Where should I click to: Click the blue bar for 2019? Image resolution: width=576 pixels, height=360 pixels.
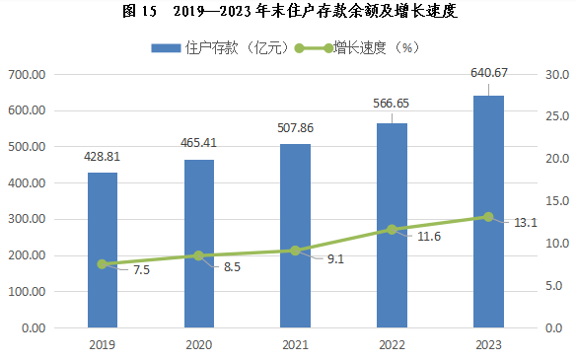tap(103, 250)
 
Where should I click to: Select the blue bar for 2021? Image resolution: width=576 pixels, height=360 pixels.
tap(295, 236)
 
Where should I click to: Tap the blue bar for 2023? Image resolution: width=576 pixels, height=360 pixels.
tap(488, 212)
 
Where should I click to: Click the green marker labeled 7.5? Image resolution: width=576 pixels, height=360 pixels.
tap(103, 264)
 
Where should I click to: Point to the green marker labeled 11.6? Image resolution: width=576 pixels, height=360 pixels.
tap(392, 230)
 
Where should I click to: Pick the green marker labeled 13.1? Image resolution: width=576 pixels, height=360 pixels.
tap(488, 217)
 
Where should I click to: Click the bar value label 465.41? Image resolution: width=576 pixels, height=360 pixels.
tap(198, 143)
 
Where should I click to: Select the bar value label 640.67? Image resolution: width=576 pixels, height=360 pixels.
tap(489, 73)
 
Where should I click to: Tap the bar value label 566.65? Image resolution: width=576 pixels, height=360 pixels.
tap(391, 104)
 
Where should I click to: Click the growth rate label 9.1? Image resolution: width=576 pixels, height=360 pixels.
tap(335, 259)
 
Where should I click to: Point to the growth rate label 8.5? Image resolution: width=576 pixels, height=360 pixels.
tap(232, 267)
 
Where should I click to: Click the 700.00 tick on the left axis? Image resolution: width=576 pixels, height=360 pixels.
tap(27, 75)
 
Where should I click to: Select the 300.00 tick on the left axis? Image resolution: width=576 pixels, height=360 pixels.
tap(27, 219)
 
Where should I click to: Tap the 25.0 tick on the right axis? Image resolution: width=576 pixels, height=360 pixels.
tap(557, 116)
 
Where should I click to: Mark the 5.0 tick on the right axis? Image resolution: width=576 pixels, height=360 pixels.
tap(554, 286)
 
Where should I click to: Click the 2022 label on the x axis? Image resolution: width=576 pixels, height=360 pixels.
tap(392, 345)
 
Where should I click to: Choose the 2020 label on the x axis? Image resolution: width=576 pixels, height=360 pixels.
tap(198, 345)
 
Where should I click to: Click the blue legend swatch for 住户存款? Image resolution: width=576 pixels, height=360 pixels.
tap(166, 48)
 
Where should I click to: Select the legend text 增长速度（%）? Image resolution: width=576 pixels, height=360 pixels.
tap(376, 47)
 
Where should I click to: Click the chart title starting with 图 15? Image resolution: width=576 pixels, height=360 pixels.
tap(290, 11)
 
